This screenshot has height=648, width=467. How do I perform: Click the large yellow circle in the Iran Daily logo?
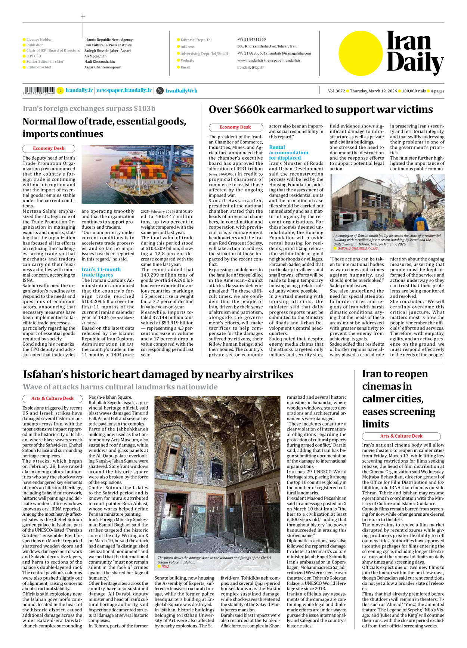point(361,53)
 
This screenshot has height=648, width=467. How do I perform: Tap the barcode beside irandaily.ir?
point(39,90)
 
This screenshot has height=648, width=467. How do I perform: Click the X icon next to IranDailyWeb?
point(160,90)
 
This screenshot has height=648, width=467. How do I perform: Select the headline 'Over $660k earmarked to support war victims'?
point(321,109)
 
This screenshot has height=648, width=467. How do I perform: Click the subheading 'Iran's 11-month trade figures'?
point(101,272)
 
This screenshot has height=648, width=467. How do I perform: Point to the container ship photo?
point(137,174)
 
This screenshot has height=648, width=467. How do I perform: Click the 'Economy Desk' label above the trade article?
point(49,148)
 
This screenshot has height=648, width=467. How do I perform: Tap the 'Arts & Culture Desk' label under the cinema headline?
point(401,436)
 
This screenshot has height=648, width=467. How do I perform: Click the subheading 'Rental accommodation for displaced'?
point(288,152)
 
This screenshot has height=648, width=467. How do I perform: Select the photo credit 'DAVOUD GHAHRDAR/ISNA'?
point(358,248)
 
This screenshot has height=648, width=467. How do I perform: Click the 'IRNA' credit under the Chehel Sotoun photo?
point(165,567)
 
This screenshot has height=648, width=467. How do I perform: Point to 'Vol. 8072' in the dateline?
point(336,91)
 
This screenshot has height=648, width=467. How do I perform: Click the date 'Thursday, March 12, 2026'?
point(373,91)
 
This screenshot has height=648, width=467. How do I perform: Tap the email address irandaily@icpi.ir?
point(250,67)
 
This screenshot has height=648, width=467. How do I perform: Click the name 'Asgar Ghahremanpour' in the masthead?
point(102,67)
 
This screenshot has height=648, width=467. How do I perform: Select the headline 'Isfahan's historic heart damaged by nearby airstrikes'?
point(158,374)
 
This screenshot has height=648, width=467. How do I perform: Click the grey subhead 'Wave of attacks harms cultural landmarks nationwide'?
point(120,387)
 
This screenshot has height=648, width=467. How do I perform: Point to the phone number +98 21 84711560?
point(251,39)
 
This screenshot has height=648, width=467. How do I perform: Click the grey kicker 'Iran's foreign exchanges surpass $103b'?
point(89,108)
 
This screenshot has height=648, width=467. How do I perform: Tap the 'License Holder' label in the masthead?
point(39,39)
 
